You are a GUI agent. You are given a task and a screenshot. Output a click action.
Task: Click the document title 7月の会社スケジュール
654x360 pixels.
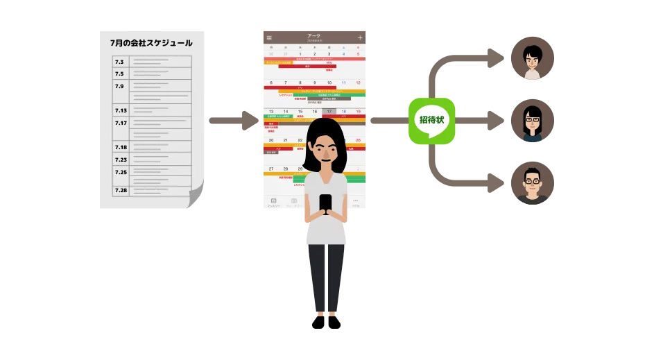tap(151, 43)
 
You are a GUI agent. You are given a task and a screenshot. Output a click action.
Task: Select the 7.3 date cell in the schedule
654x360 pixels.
tap(120, 62)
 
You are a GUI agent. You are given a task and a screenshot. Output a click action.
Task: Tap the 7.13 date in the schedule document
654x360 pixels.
tap(121, 110)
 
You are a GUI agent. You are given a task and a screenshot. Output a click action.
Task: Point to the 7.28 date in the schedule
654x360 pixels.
tap(121, 190)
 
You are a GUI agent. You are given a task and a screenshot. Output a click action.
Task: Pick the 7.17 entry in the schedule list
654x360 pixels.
tap(121, 123)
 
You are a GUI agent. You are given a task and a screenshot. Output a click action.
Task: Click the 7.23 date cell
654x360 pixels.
tap(121, 160)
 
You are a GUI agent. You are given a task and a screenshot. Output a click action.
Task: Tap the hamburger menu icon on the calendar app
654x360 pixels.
tap(269, 37)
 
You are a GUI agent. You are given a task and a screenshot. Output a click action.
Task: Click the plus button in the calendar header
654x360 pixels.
tap(359, 37)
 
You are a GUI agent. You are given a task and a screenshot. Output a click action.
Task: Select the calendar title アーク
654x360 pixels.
tap(313, 36)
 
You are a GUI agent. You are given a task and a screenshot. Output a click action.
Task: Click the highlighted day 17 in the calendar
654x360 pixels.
tap(329, 111)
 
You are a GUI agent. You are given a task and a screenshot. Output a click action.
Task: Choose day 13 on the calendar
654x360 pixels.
tap(270, 111)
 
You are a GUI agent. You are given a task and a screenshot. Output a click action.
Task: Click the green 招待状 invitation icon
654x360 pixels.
tap(431, 121)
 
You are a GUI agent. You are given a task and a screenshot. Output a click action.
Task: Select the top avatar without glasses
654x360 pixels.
tap(532, 58)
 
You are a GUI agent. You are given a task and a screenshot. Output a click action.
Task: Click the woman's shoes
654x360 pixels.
tap(326, 323)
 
